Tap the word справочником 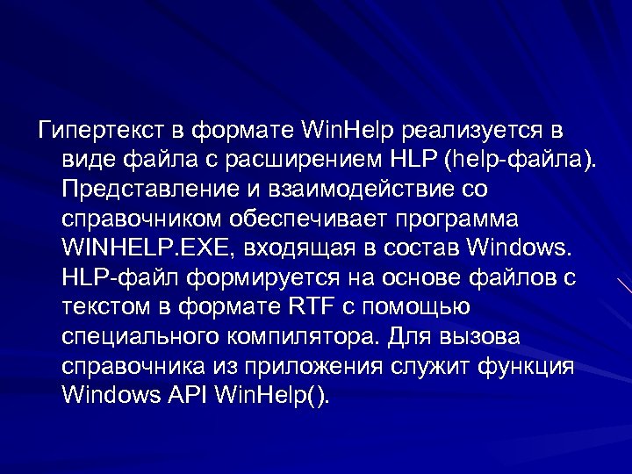(x=139, y=219)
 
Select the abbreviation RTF (x=310, y=307)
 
